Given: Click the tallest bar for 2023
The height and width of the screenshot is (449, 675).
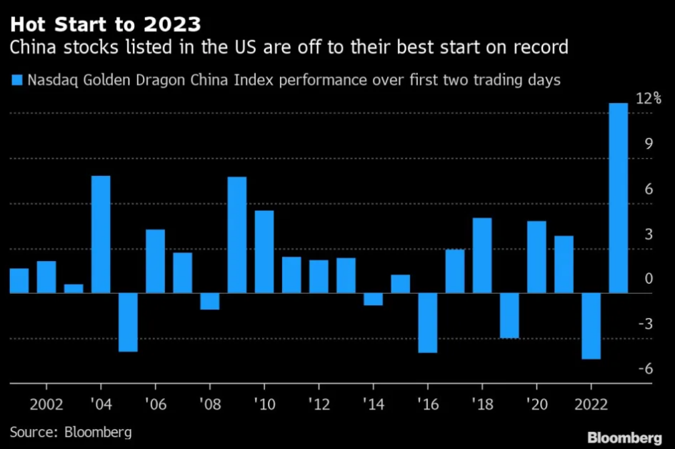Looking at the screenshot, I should tap(618, 198).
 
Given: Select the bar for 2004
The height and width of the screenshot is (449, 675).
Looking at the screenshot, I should tap(101, 235).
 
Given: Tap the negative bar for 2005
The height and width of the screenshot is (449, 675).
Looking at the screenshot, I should tap(128, 322).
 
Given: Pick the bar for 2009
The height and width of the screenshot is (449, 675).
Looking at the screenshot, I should tap(237, 235).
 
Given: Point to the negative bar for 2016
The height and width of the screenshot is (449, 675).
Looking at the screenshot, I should tap(427, 323).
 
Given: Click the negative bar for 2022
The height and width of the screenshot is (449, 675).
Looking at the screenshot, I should tap(591, 326).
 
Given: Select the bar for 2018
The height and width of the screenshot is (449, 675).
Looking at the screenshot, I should tap(482, 255).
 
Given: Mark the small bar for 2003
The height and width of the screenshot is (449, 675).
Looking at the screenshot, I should tap(74, 289).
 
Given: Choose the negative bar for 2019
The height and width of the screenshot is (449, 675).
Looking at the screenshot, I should tap(509, 315).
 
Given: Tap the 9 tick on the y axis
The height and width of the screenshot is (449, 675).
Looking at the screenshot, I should tap(649, 144).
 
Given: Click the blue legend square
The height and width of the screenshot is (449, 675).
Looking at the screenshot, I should tap(16, 80).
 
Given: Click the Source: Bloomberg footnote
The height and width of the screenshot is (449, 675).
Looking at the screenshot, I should tap(71, 432).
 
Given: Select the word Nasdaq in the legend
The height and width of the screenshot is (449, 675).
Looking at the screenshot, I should tap(50, 80).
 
